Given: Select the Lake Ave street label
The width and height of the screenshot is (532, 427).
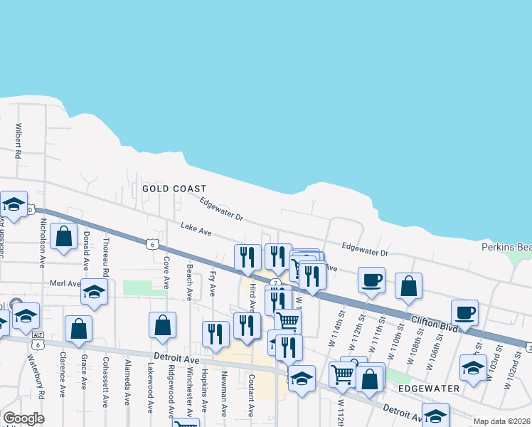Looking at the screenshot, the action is pyautogui.click(x=196, y=231).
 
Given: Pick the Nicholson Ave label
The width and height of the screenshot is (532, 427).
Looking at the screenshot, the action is pyautogui.click(x=43, y=242).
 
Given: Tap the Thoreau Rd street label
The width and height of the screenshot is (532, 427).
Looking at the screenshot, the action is pyautogui.click(x=105, y=256).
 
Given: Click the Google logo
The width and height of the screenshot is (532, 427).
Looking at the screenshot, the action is pyautogui.click(x=23, y=418).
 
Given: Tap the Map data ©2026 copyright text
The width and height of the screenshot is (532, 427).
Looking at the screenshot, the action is pyautogui.click(x=502, y=421).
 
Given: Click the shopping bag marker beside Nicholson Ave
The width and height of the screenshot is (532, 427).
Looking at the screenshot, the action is pyautogui.click(x=64, y=238).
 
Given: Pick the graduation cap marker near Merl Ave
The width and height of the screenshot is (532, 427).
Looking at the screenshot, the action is pyautogui.click(x=94, y=292).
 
